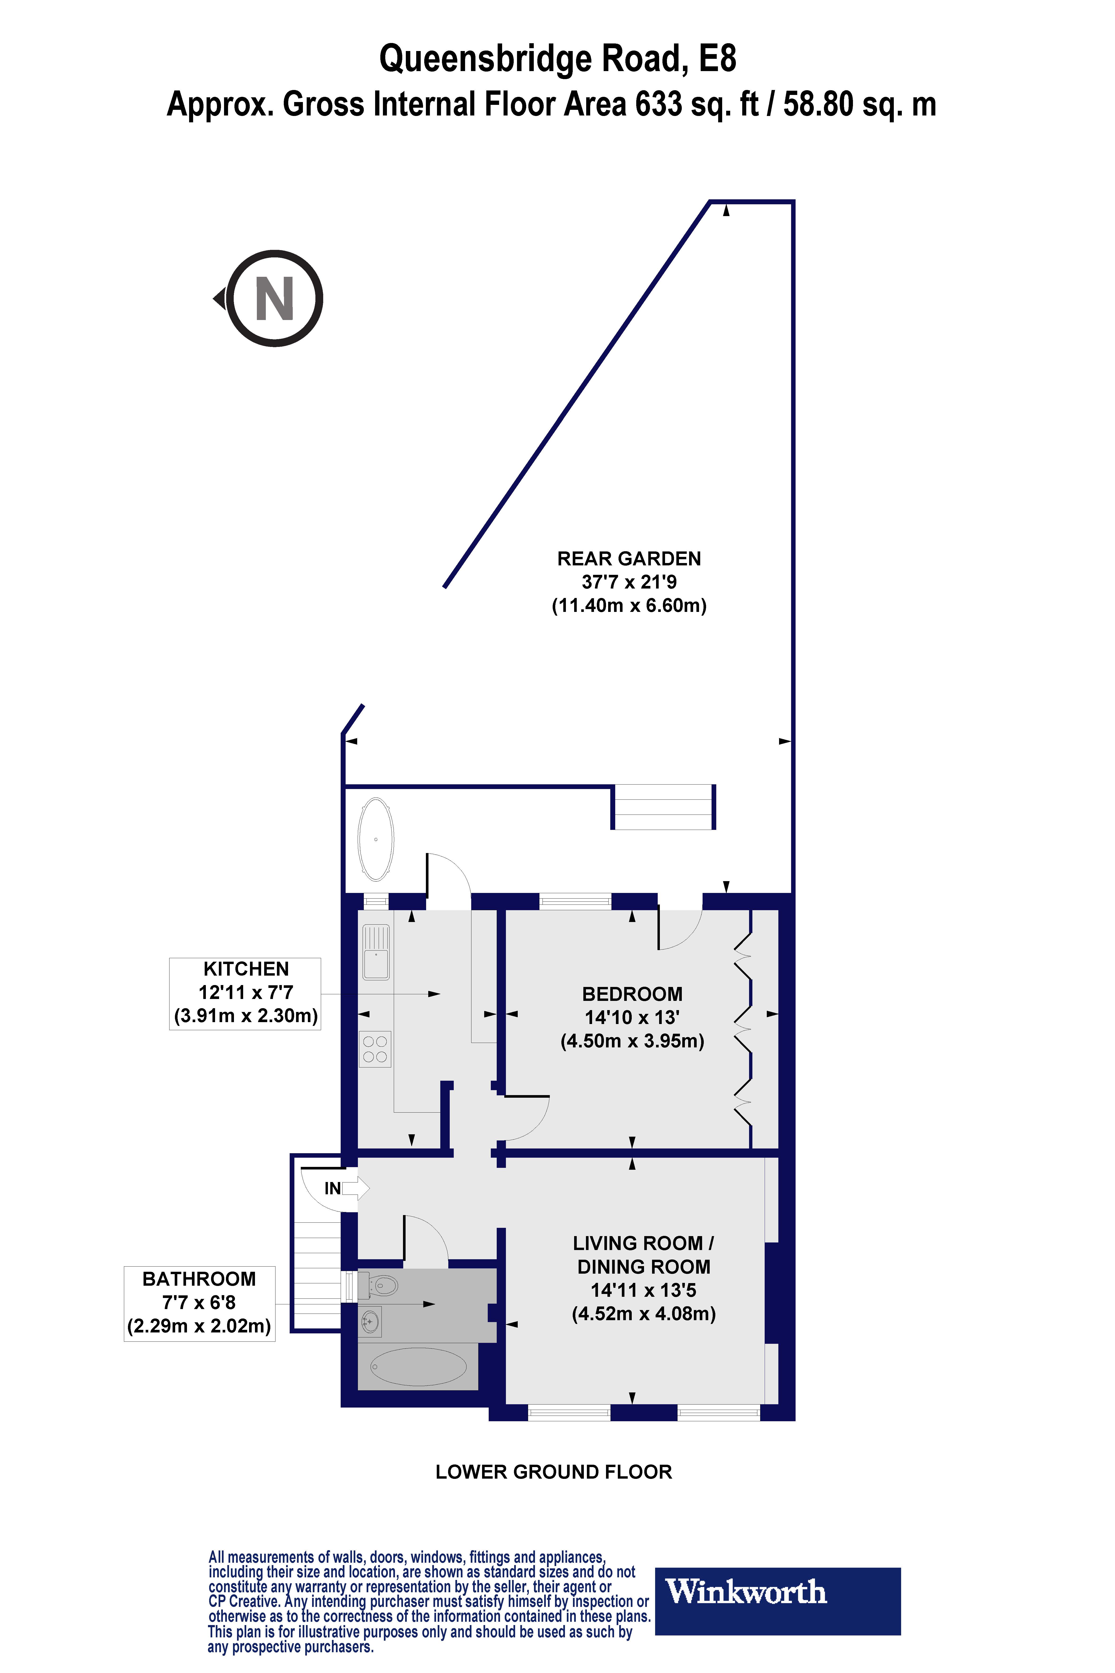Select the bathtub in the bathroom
pos(418,1366)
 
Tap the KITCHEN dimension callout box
pos(245,993)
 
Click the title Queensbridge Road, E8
pos(558,58)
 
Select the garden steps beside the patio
pos(663,807)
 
